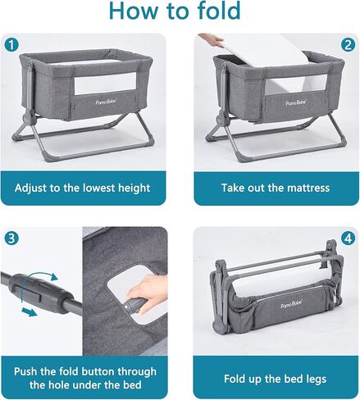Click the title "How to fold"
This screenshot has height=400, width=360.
pos(180,12)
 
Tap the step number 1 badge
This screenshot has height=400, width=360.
pos(11,43)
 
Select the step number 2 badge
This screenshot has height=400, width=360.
pos(348,43)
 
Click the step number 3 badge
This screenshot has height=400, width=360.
pos(11,238)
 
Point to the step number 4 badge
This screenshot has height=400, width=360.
pos(348,238)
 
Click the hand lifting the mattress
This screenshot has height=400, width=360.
pos(212,39)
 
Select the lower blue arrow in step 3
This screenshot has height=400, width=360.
pos(30,311)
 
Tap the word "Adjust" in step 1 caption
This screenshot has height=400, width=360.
pos(34,188)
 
